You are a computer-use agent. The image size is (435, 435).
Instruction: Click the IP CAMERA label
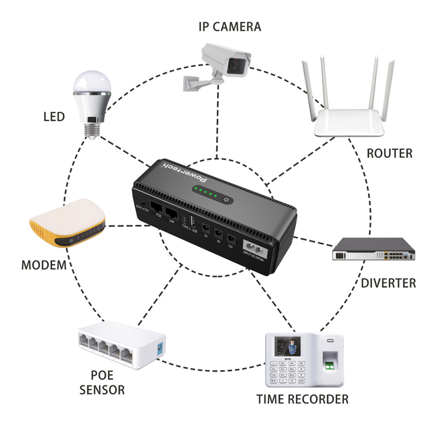tap(230, 27)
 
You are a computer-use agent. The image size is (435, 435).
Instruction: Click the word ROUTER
tap(389, 153)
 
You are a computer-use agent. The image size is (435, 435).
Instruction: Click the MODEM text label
tap(43, 265)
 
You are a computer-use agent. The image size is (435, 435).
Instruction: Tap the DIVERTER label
tap(388, 282)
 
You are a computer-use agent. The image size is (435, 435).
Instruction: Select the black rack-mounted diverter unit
tap(374, 250)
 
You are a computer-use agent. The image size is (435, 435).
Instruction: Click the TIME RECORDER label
tap(302, 400)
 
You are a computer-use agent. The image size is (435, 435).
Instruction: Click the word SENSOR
tap(102, 389)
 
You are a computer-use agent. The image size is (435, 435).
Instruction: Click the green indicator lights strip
tap(205, 194)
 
